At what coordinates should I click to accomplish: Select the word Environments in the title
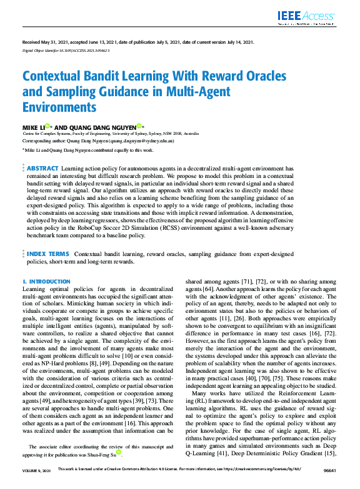(60, 106)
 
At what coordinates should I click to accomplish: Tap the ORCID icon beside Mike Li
(47, 126)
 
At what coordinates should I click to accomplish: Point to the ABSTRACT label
(42, 168)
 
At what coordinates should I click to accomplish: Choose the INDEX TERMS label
(48, 254)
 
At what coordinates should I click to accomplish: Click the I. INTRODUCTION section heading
(46, 282)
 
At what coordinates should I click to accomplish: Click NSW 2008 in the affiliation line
(171, 134)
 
